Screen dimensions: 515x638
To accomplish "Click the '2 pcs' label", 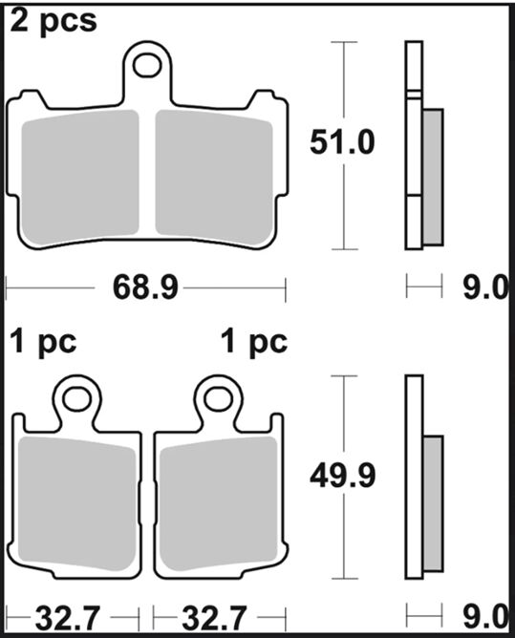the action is click(x=54, y=22).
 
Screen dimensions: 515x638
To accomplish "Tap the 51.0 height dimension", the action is click(x=342, y=142).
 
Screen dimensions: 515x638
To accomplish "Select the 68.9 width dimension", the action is click(x=145, y=287).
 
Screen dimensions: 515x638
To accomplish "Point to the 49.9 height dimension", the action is click(x=342, y=476).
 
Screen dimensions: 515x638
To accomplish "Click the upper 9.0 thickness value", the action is click(x=485, y=287).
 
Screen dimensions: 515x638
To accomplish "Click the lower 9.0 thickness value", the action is click(x=485, y=617).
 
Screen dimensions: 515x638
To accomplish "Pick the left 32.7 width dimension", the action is click(x=68, y=619).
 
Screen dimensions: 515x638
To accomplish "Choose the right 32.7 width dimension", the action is click(x=214, y=619).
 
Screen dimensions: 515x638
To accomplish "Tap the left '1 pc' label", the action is click(x=43, y=343).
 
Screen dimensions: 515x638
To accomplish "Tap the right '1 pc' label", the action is click(x=254, y=343).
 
